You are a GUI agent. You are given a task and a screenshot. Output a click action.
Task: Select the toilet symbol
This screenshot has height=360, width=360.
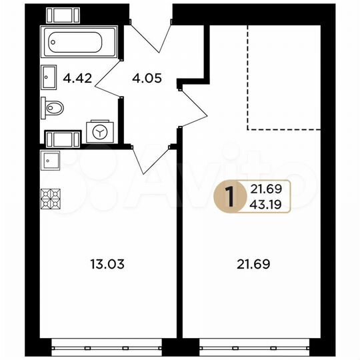click(53, 107)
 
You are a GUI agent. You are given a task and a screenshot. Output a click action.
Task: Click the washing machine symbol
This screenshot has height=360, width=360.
click(101, 131)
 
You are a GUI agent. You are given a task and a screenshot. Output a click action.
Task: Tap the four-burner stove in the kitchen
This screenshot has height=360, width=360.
click(51, 198)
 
